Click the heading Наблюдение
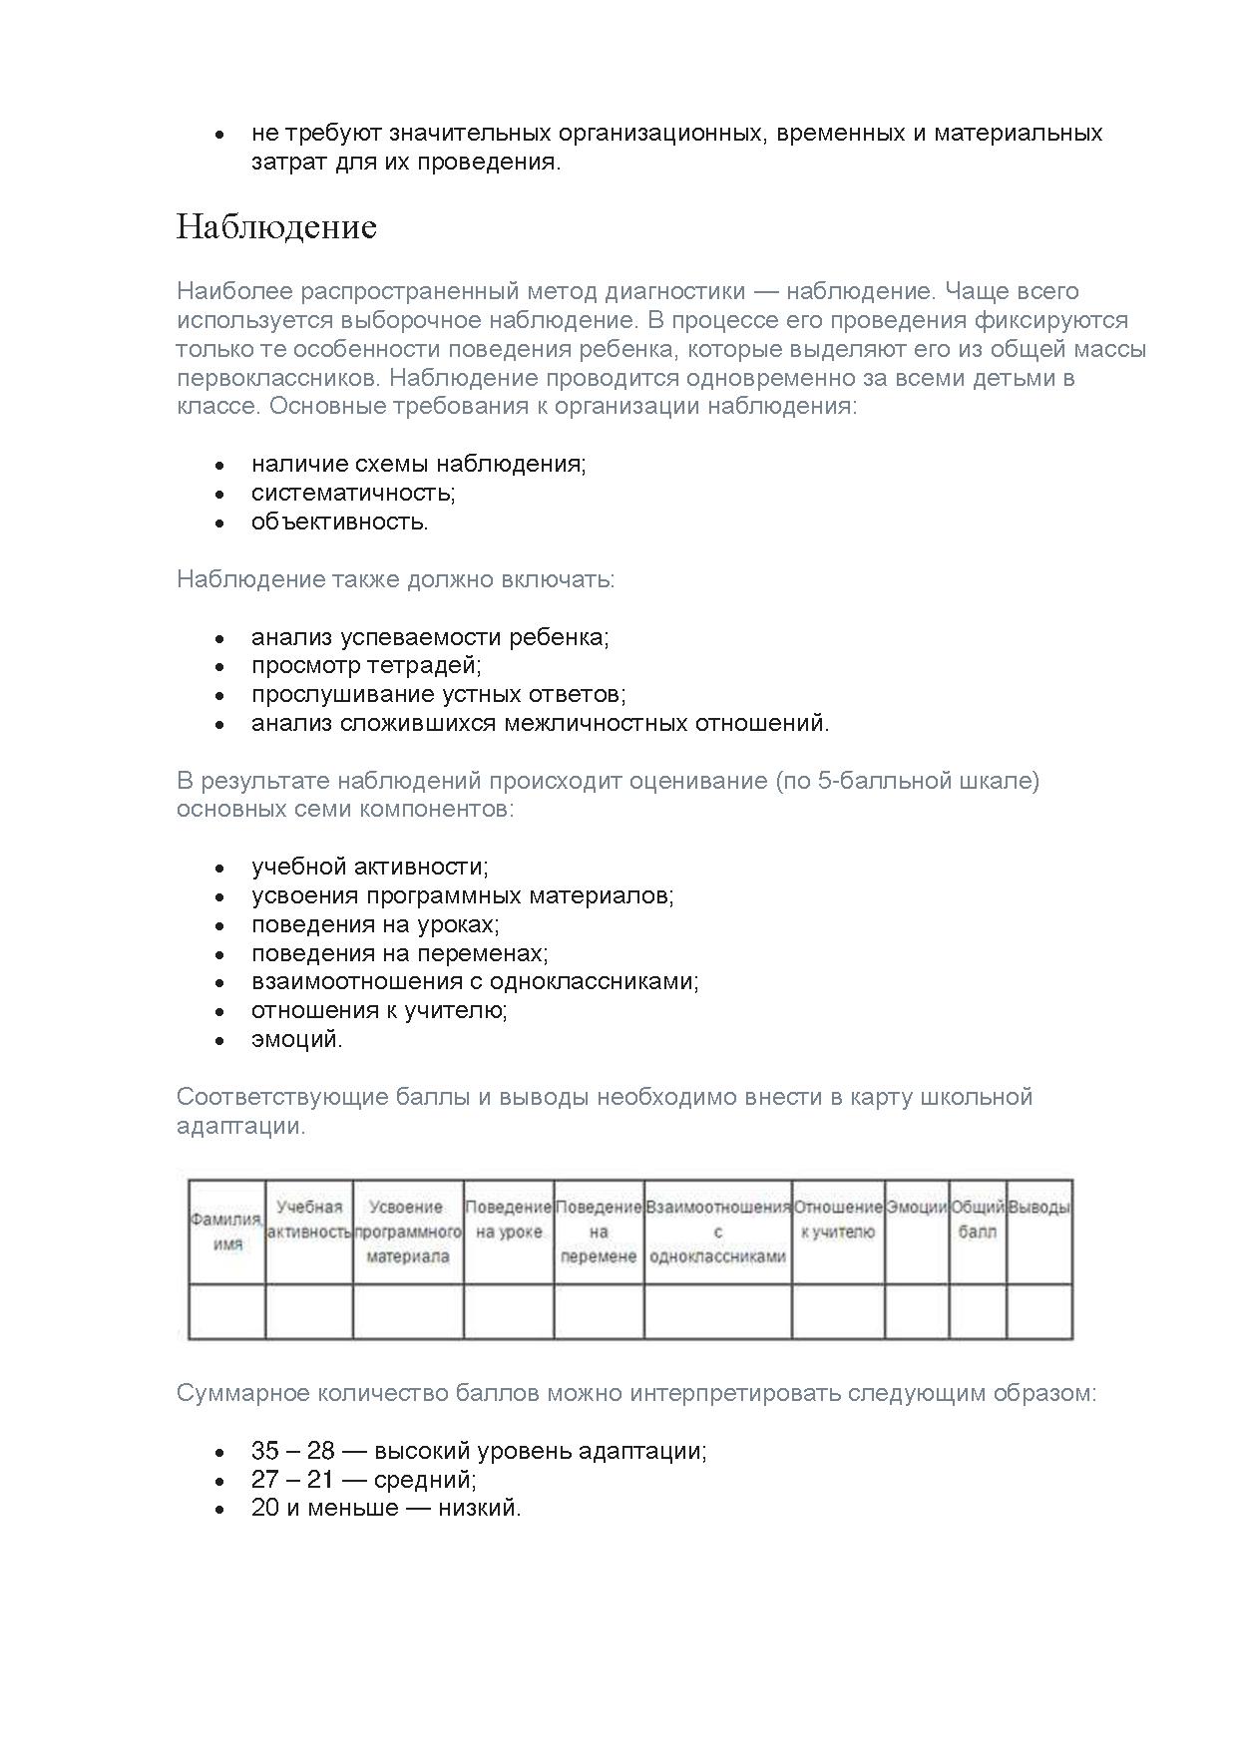pos(276,227)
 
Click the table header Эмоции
pos(916,1208)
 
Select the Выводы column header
pos(1039,1208)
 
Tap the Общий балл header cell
pos(977,1220)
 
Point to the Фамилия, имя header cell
pos(227,1231)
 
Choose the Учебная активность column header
pos(309,1220)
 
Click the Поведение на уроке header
pos(508,1220)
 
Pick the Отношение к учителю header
pos(838,1220)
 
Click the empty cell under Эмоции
pos(916,1310)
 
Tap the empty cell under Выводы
pos(1039,1310)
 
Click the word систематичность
pos(353,493)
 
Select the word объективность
pos(339,522)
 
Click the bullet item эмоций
pos(296,1039)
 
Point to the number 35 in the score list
pos(265,1451)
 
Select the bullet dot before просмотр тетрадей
pos(219,666)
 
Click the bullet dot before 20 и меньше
pos(219,1509)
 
